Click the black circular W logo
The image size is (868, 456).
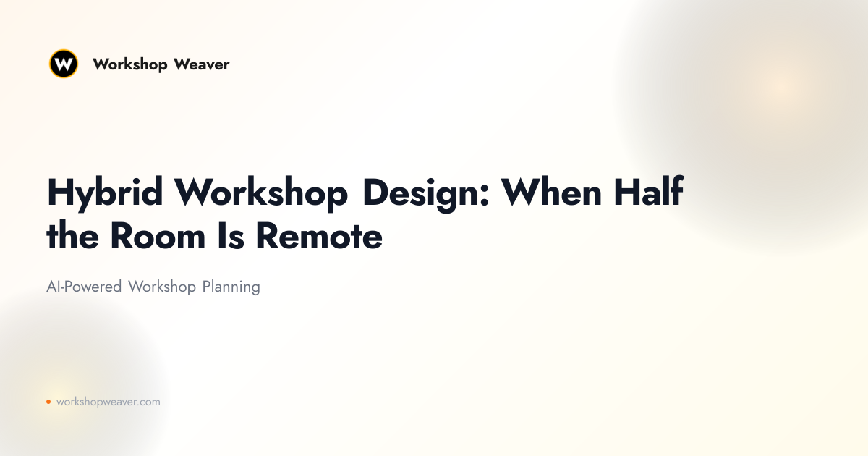pyautogui.click(x=64, y=64)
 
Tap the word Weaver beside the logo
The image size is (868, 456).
pyautogui.click(x=202, y=64)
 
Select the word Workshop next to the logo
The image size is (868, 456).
pyautogui.click(x=129, y=65)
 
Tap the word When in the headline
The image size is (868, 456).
pyautogui.click(x=551, y=192)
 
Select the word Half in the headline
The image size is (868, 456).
pyautogui.click(x=649, y=191)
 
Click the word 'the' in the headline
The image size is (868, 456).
pyautogui.click(x=72, y=235)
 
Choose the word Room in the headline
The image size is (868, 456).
pyautogui.click(x=158, y=236)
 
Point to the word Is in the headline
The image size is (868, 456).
pyautogui.click(x=231, y=236)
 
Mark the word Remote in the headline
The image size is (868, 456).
pyautogui.click(x=319, y=236)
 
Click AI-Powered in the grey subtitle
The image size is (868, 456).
pyautogui.click(x=84, y=287)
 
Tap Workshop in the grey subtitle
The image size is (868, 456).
pyautogui.click(x=162, y=287)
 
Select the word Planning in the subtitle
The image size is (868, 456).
pyautogui.click(x=231, y=287)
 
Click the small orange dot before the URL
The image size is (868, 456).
pyautogui.click(x=48, y=402)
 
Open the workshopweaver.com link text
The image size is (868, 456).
pyautogui.click(x=108, y=402)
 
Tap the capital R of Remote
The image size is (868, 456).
pyautogui.click(x=268, y=236)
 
